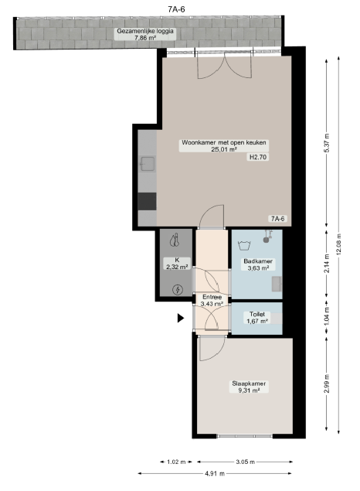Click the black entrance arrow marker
click(x=181, y=318)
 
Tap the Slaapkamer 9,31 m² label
click(x=249, y=387)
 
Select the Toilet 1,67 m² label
click(x=257, y=318)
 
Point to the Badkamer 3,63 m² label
click(x=258, y=264)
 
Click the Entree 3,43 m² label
click(x=212, y=300)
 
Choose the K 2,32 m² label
click(x=177, y=264)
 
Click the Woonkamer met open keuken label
click(x=224, y=142)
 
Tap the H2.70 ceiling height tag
click(x=258, y=157)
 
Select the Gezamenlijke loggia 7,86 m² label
click(x=145, y=34)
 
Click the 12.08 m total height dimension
click(x=339, y=244)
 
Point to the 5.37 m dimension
click(x=327, y=142)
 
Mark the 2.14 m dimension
click(x=327, y=264)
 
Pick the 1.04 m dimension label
click(x=327, y=316)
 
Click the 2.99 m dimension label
click(x=327, y=384)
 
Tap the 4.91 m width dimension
click(x=215, y=473)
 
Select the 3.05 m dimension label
click(x=245, y=462)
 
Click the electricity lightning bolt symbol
click(x=178, y=290)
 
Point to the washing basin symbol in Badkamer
click(x=244, y=245)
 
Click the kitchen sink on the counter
click(x=148, y=164)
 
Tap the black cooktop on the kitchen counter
click(x=147, y=201)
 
